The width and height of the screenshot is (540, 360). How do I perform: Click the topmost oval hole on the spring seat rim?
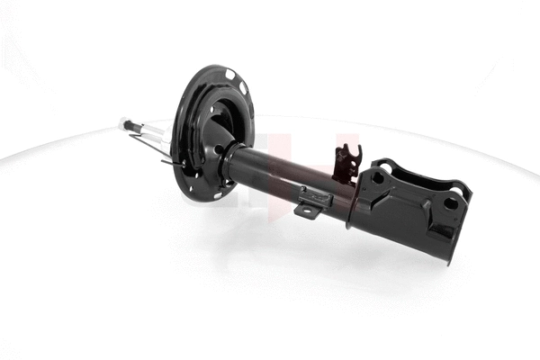[230, 74]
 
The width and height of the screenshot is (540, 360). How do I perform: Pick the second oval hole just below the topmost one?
[242, 87]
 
